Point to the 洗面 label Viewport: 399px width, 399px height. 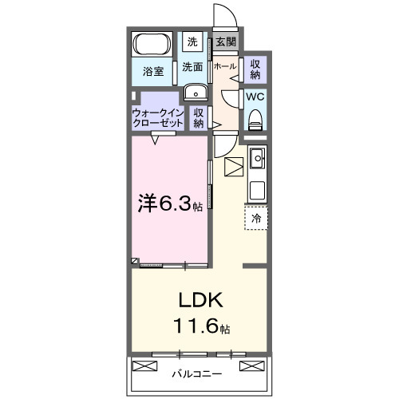(192, 68)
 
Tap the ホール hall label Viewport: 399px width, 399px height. (224, 67)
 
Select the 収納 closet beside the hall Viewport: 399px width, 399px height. (255, 69)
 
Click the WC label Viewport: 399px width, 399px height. (255, 97)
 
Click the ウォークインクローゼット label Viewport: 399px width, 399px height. (158, 118)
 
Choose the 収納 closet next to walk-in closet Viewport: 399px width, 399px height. (199, 118)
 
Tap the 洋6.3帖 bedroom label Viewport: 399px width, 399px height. (169, 204)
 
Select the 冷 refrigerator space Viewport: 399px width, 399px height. (256, 217)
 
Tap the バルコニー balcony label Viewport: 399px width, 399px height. (196, 373)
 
